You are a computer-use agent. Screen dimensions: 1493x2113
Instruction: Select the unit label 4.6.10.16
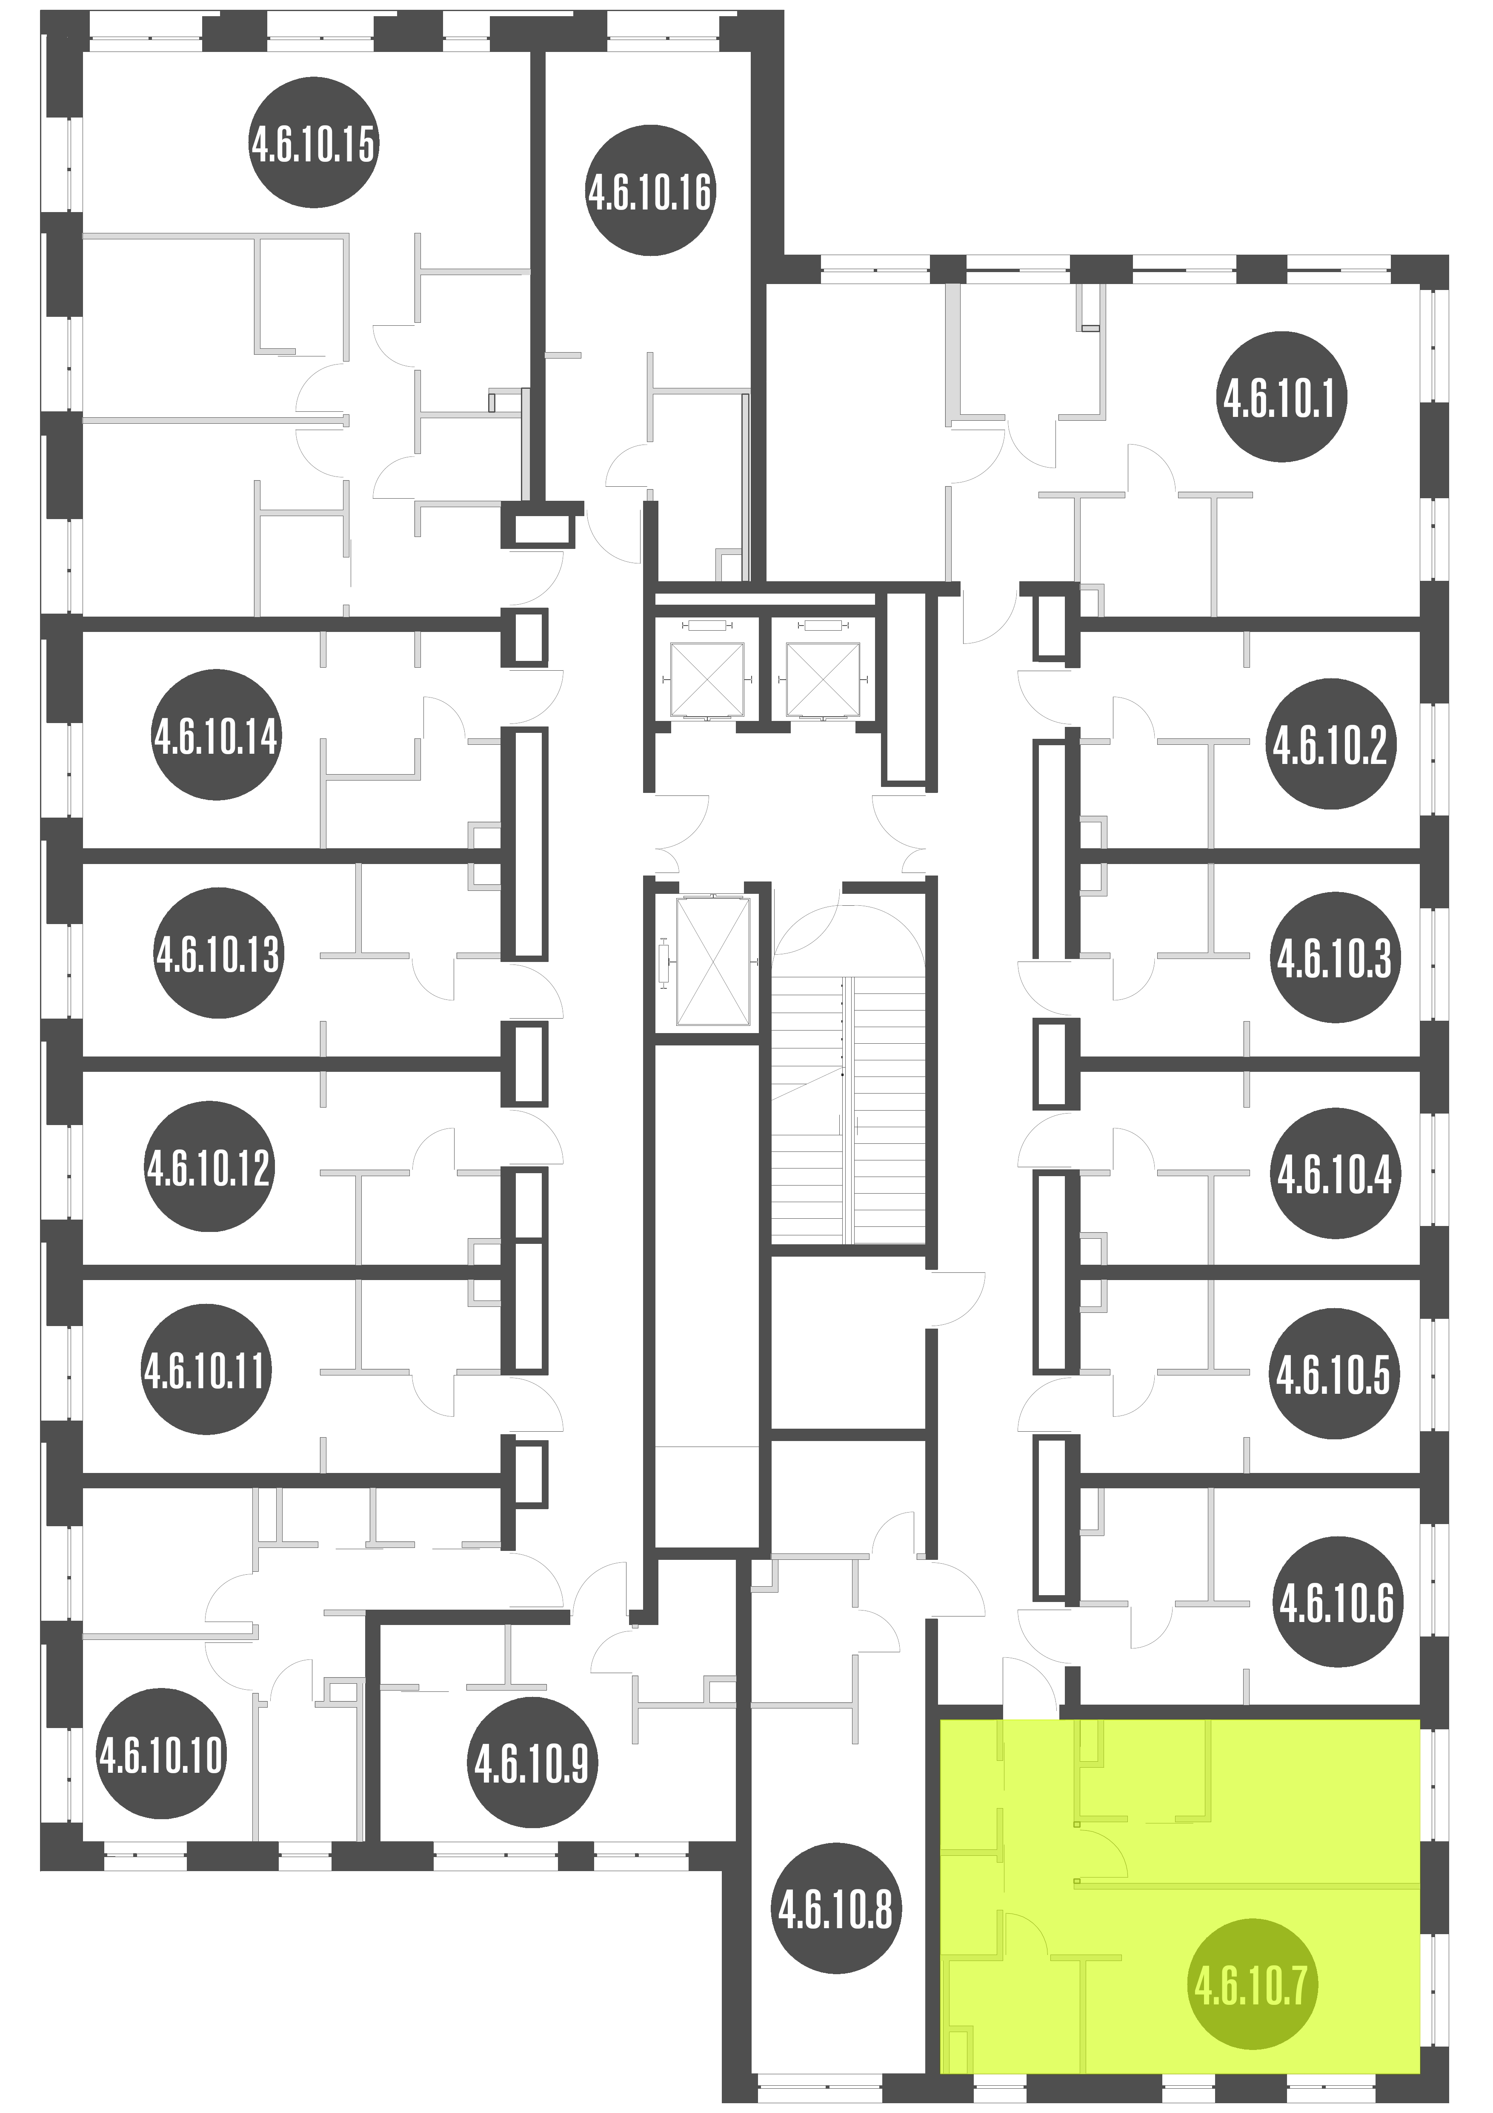[x=650, y=190]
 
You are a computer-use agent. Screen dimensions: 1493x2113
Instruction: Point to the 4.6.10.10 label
[x=161, y=1754]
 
